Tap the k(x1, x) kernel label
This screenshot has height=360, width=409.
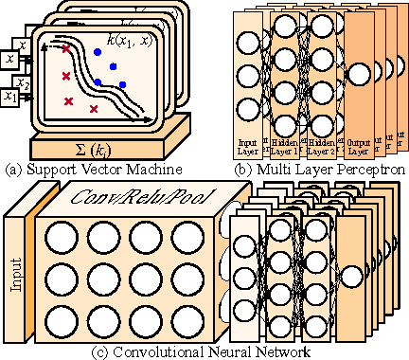(130, 43)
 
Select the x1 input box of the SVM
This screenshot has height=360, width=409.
(11, 96)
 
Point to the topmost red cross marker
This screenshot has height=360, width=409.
(66, 47)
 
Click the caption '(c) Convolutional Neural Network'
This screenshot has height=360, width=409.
(204, 351)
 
